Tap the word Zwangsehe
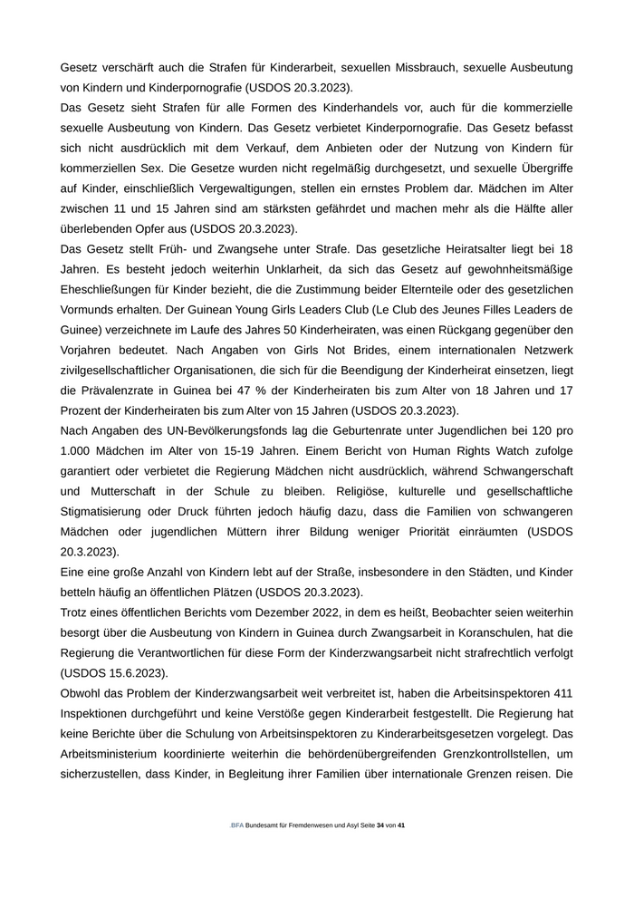(x=226, y=249)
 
